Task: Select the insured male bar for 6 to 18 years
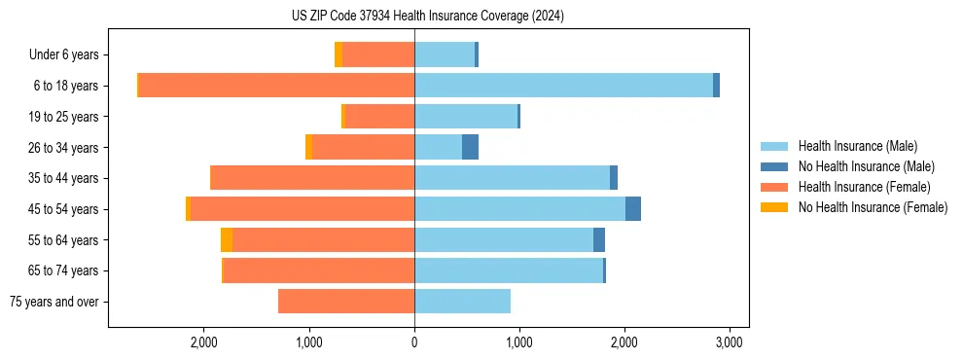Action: pos(563,86)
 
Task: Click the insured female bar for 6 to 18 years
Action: pos(277,86)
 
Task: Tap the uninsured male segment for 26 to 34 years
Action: pos(470,147)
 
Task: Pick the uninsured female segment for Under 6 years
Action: pos(339,54)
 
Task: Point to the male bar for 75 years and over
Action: pos(462,302)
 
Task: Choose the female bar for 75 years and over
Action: pos(346,302)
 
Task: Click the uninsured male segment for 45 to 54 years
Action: pos(633,209)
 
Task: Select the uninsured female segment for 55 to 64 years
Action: pos(227,240)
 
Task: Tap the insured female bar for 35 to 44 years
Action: pos(312,178)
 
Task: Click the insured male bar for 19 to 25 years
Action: pos(466,117)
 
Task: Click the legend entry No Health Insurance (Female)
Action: pos(873,207)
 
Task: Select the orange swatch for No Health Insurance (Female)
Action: pos(775,207)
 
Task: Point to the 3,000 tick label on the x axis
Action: pos(730,342)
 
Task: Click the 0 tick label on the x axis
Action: pos(414,342)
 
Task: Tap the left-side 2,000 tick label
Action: pos(203,342)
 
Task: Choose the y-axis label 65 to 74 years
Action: pos(63,270)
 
